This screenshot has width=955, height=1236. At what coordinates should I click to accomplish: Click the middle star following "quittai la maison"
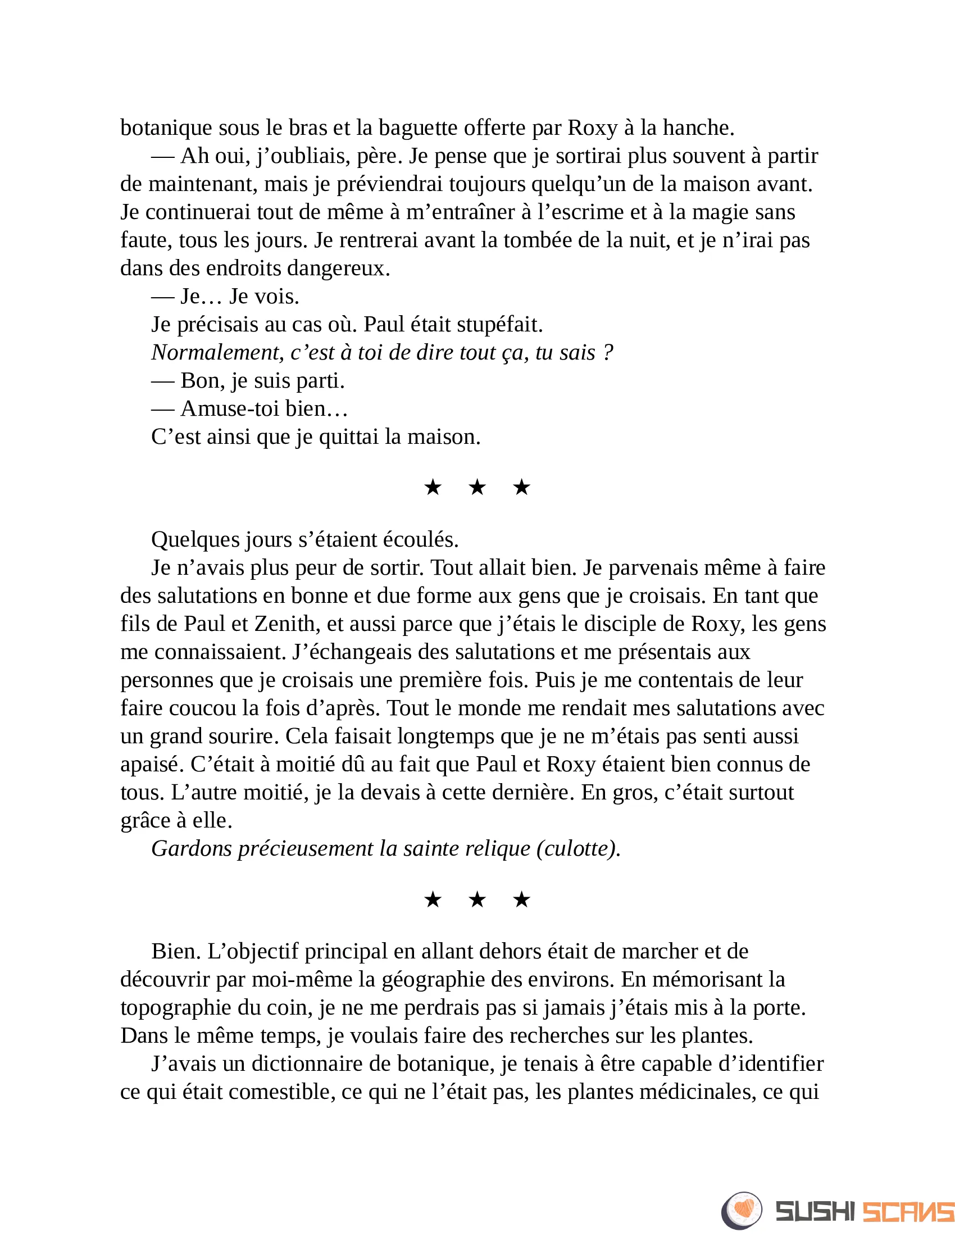coord(477,487)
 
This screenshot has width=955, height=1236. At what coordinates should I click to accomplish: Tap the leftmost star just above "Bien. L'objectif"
coord(433,899)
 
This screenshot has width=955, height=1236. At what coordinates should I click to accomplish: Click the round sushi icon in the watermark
coord(741,1211)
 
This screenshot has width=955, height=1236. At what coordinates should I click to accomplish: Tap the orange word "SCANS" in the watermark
coord(907,1212)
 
